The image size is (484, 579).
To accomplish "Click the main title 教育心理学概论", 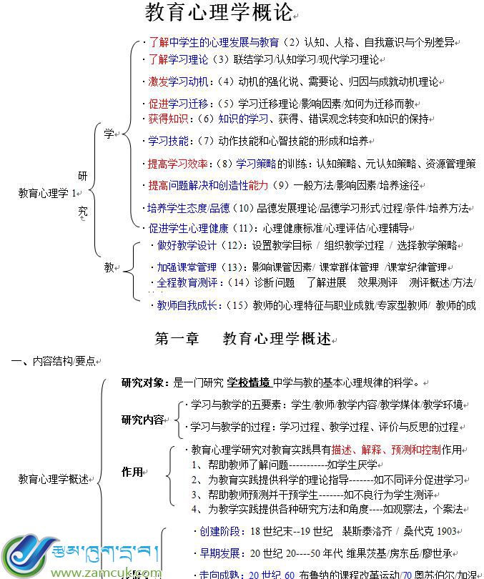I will pos(219,13).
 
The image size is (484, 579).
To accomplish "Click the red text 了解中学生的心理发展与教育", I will pos(213,43).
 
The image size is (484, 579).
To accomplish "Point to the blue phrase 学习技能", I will pos(168,140).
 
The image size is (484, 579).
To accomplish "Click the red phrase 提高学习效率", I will pos(178,163).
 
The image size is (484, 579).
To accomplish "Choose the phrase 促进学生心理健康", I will pos(188,229).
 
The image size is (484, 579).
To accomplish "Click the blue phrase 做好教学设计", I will pos(187,245).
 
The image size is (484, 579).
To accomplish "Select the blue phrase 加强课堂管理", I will pos(187,267).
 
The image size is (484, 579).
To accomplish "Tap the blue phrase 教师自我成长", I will pos(187,305).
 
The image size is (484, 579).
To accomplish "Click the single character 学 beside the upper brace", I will pos(109,134).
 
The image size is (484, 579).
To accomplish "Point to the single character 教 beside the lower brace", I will pos(109,267).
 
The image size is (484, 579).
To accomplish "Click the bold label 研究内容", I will pos(142,420).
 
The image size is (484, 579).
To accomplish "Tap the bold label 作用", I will pos(132,472).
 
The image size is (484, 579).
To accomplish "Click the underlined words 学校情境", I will pos(250,382).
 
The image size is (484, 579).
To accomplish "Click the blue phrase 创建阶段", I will pos(220,531).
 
